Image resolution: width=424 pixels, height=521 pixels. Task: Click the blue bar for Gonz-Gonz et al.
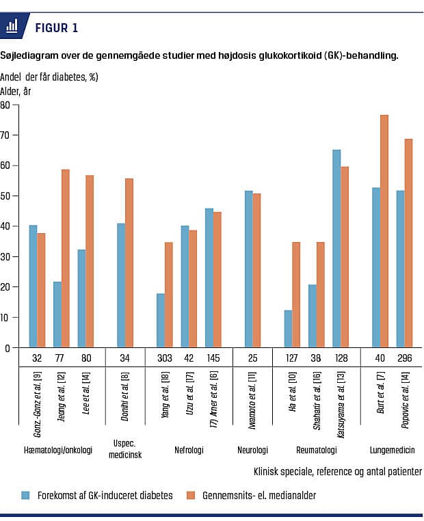tap(33, 286)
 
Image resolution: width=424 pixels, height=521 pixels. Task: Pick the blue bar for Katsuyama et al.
tap(336, 249)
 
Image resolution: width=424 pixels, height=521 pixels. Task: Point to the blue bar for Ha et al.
tap(288, 329)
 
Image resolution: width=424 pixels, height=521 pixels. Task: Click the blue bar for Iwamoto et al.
tap(249, 269)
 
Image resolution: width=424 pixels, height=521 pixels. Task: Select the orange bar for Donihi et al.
tap(129, 263)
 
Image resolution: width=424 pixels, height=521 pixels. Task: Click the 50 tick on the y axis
tap(5, 196)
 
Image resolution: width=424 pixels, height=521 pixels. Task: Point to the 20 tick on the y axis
tap(5, 287)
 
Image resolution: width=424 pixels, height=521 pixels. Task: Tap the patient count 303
tap(164, 357)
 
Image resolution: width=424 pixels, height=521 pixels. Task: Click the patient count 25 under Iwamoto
tap(253, 357)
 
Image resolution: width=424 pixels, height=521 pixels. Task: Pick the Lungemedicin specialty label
tap(393, 451)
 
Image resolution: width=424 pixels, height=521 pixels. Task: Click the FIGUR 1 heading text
tap(56, 28)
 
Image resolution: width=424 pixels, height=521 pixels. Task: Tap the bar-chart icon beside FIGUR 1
tap(12, 27)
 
